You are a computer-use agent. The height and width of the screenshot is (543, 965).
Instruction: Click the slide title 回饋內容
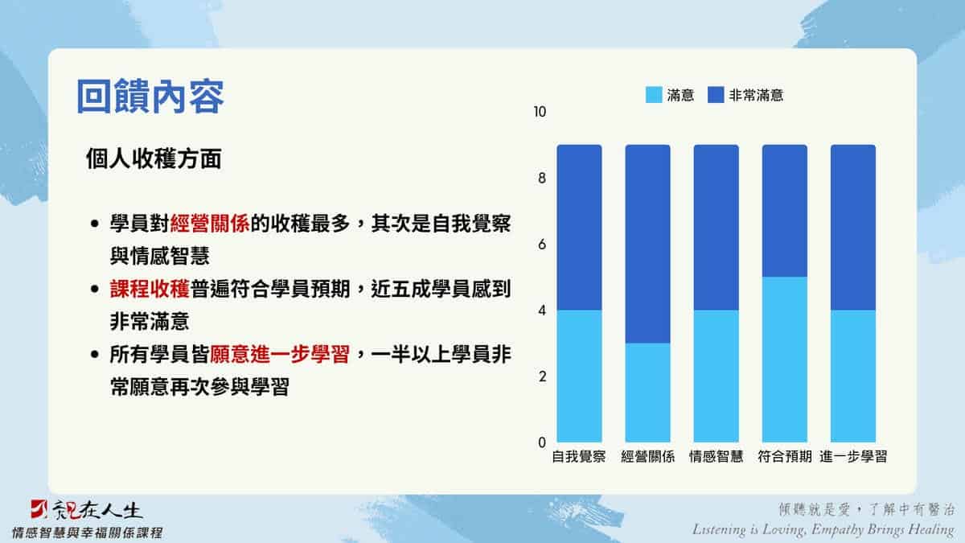(x=150, y=96)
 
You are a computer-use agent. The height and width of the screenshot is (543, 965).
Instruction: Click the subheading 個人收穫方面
(x=154, y=158)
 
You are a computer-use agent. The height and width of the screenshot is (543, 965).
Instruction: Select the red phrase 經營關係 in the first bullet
(x=210, y=224)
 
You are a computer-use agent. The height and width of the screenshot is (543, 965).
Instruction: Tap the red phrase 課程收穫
(x=150, y=289)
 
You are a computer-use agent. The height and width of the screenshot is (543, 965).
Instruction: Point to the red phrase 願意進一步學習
(x=280, y=354)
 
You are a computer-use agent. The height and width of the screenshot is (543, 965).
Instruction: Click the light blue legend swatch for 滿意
(x=654, y=95)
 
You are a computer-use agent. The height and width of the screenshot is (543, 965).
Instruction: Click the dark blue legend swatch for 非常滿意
(x=716, y=95)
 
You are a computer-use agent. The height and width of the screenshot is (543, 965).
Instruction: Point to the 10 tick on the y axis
(x=540, y=112)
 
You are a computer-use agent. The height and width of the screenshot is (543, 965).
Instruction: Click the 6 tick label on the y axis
(x=542, y=245)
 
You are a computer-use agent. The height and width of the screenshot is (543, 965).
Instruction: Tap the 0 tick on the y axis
(x=542, y=442)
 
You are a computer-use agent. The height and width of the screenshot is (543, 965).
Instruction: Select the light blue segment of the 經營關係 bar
(x=647, y=393)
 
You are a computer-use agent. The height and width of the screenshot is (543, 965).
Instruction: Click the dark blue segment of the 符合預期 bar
(x=785, y=211)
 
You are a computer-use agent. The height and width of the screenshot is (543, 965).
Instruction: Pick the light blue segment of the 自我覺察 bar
(x=579, y=376)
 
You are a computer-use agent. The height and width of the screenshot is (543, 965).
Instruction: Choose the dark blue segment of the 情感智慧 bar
(x=716, y=227)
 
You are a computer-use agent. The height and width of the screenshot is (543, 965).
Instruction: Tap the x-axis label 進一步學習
(x=853, y=456)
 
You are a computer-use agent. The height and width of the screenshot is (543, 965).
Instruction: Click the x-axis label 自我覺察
(x=579, y=456)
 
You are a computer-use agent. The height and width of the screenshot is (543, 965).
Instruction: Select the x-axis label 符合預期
(x=785, y=456)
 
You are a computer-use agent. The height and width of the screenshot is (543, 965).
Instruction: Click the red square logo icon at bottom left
(x=39, y=509)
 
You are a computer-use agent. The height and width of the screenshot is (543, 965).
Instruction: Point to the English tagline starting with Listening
(x=823, y=529)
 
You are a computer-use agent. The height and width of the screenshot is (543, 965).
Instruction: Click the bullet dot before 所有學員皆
(x=95, y=355)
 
